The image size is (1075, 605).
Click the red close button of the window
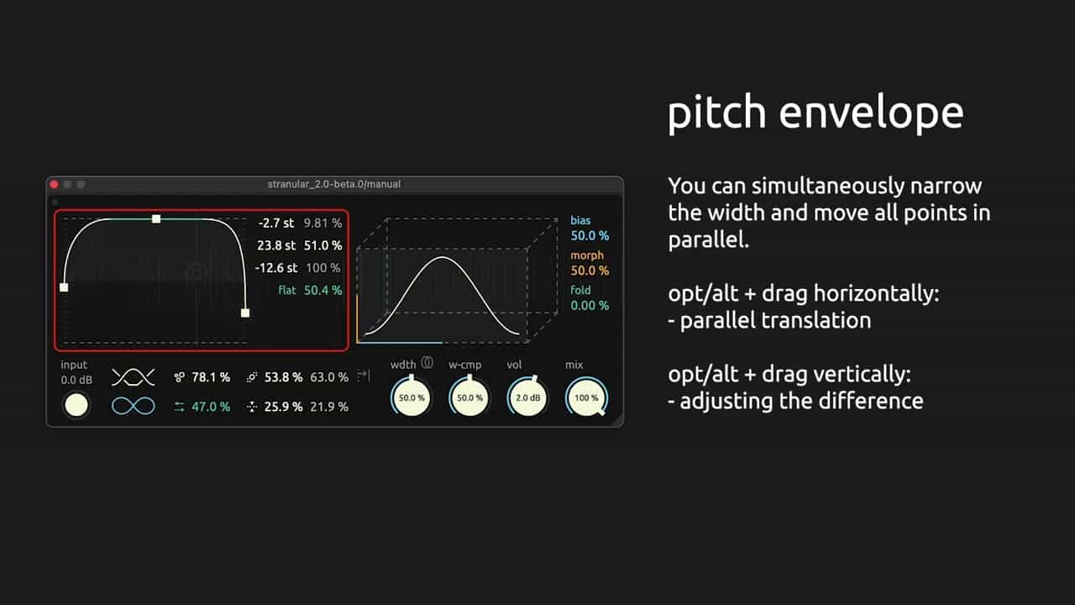point(55,184)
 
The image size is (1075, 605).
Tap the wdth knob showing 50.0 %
point(412,397)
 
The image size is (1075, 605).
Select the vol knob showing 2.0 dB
point(528,397)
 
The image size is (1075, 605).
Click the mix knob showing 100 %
point(586,397)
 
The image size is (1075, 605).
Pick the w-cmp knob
point(469,397)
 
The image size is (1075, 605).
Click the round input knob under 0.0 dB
point(76,405)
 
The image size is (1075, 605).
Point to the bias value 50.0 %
point(590,236)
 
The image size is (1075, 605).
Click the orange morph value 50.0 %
point(590,271)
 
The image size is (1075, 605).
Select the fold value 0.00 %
point(590,305)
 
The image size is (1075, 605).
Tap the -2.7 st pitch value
point(276,224)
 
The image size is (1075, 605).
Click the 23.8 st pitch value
point(276,245)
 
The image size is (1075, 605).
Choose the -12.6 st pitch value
point(276,268)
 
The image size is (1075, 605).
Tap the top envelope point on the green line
point(156,219)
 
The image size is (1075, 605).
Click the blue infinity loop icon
point(134,406)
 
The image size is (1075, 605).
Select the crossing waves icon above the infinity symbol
point(134,377)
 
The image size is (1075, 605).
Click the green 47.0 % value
point(211,407)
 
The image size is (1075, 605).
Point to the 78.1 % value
point(211,377)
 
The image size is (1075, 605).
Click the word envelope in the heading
point(871,113)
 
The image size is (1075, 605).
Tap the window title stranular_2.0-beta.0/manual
point(334,184)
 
